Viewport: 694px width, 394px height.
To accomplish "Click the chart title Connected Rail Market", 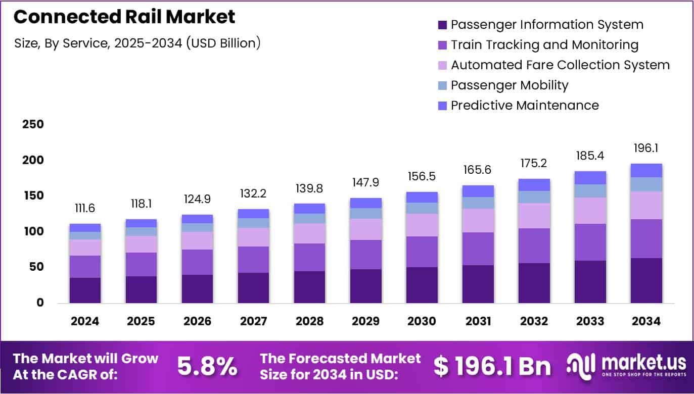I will pyautogui.click(x=124, y=17).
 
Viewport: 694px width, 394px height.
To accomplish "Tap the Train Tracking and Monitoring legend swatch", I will pyautogui.click(x=443, y=45).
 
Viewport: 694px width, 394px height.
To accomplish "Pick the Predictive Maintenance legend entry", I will pyautogui.click(x=524, y=106).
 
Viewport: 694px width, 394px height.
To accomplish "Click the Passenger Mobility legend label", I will pyautogui.click(x=510, y=85).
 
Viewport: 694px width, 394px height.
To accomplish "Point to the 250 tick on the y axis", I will pyautogui.click(x=33, y=125).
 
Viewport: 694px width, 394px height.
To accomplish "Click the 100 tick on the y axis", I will pyautogui.click(x=33, y=232).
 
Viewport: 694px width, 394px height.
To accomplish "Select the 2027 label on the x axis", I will pyautogui.click(x=253, y=321).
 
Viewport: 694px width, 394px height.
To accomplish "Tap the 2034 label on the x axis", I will pyautogui.click(x=646, y=321).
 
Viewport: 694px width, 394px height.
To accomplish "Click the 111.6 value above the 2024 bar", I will pyautogui.click(x=85, y=209).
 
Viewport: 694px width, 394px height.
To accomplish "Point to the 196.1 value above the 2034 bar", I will pyautogui.click(x=646, y=149).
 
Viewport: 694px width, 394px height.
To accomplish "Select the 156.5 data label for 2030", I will pyautogui.click(x=422, y=177).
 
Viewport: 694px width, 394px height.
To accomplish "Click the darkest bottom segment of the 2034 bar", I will pyautogui.click(x=646, y=280).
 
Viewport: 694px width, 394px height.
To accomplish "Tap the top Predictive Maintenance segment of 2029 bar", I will pyautogui.click(x=366, y=203).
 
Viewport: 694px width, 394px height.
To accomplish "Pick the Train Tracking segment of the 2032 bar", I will pyautogui.click(x=534, y=245).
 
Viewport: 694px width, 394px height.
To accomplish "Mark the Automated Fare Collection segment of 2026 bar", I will pyautogui.click(x=197, y=240).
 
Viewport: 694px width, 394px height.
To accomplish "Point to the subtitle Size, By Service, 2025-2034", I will pyautogui.click(x=137, y=43).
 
